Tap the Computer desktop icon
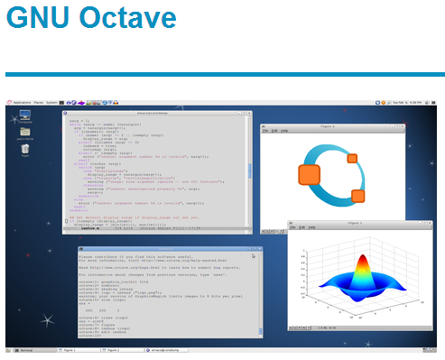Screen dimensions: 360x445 coord(24,118)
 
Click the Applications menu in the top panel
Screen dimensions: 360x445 coord(23,103)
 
